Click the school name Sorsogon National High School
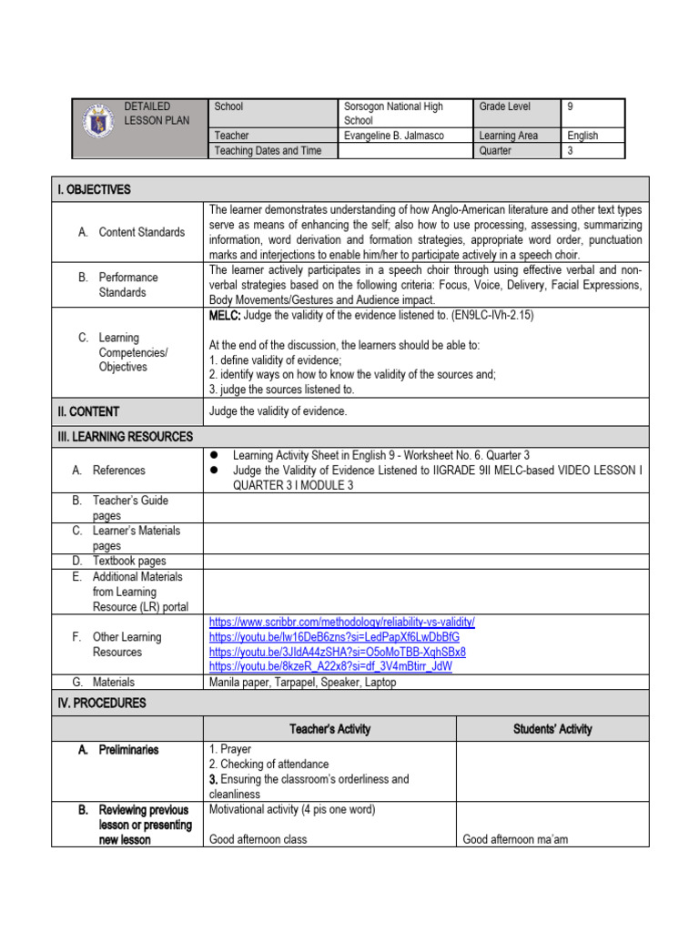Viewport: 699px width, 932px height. tap(393, 114)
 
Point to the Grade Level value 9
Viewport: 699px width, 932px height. tap(571, 106)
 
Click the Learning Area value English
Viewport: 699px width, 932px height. tap(582, 136)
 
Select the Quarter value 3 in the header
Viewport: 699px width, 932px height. tap(571, 151)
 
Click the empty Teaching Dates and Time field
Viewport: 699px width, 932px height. tap(405, 151)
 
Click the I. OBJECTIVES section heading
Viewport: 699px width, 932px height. tap(94, 189)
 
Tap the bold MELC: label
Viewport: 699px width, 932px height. tap(225, 315)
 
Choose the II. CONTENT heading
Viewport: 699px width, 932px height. tap(88, 411)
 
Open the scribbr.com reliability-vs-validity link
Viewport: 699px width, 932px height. tap(341, 623)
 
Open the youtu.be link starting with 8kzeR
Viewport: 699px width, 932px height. tap(330, 666)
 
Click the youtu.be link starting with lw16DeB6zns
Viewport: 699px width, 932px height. tap(335, 637)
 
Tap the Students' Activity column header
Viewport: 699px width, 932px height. tap(552, 729)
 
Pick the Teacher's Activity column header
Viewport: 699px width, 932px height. tap(329, 729)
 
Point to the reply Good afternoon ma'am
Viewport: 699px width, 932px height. tap(515, 839)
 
